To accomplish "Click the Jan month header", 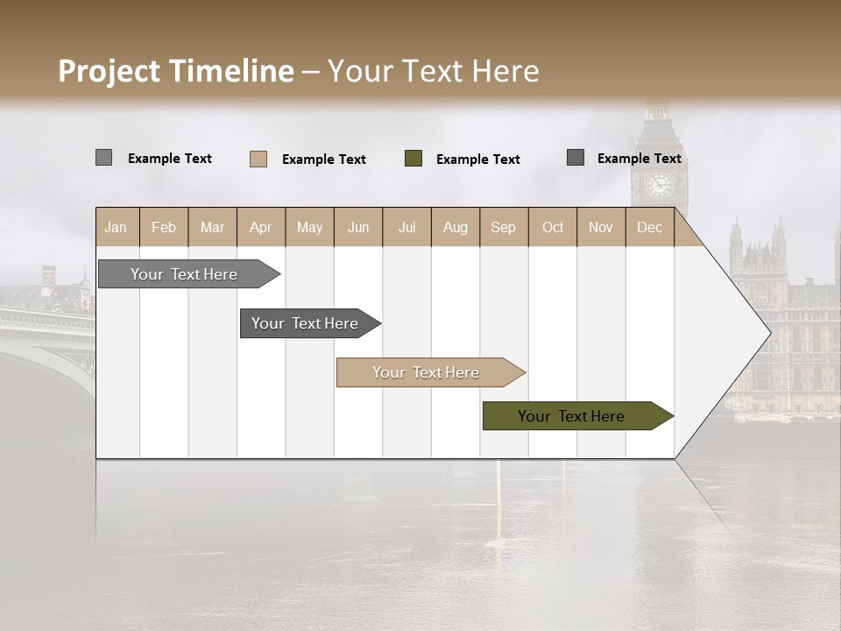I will tap(116, 227).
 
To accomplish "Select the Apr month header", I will tap(260, 227).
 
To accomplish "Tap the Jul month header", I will tap(406, 227).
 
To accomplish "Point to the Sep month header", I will tap(503, 227).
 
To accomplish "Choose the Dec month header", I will tap(649, 227).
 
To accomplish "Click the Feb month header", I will tap(164, 227).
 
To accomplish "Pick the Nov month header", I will tap(600, 227).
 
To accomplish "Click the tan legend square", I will tap(258, 159).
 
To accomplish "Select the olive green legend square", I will tap(413, 159).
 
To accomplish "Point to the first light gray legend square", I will tap(104, 158).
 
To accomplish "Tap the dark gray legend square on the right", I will tap(576, 158).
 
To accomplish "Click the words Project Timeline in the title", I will tap(176, 71).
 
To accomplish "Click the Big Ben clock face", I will tap(658, 185).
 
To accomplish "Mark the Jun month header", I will tap(358, 227).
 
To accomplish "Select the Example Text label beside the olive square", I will tap(478, 160).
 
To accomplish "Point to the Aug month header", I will tap(455, 227).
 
